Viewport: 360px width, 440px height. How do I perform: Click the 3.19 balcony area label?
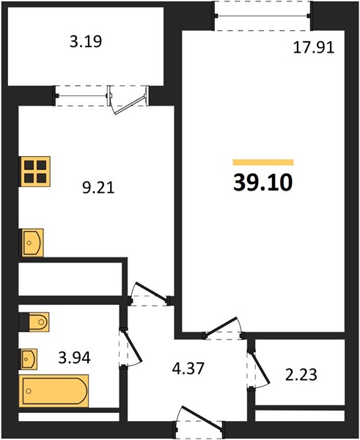pyautogui.click(x=86, y=42)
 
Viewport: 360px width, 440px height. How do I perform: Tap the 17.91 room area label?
pyautogui.click(x=314, y=47)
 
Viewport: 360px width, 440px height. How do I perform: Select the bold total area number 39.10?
pyautogui.click(x=263, y=183)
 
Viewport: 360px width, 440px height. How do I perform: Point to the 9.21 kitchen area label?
pyautogui.click(x=98, y=188)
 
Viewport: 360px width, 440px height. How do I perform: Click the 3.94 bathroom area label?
pyautogui.click(x=74, y=358)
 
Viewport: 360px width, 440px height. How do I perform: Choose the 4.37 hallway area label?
pyautogui.click(x=188, y=368)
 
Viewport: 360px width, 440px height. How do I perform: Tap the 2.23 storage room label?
pyautogui.click(x=301, y=375)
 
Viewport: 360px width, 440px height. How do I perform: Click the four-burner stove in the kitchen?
pyautogui.click(x=34, y=172)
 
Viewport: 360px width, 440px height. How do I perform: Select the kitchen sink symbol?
pyautogui.click(x=32, y=243)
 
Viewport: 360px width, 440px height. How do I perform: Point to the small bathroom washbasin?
pyautogui.click(x=29, y=359)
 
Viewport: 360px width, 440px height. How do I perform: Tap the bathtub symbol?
pyautogui.click(x=54, y=391)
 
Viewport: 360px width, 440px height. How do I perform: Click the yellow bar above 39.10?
pyautogui.click(x=263, y=162)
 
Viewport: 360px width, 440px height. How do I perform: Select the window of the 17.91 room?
pyautogui.click(x=263, y=16)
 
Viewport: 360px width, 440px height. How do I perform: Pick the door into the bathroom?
pyautogui.click(x=131, y=347)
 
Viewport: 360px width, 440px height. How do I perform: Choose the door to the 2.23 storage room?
pyautogui.click(x=260, y=367)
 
